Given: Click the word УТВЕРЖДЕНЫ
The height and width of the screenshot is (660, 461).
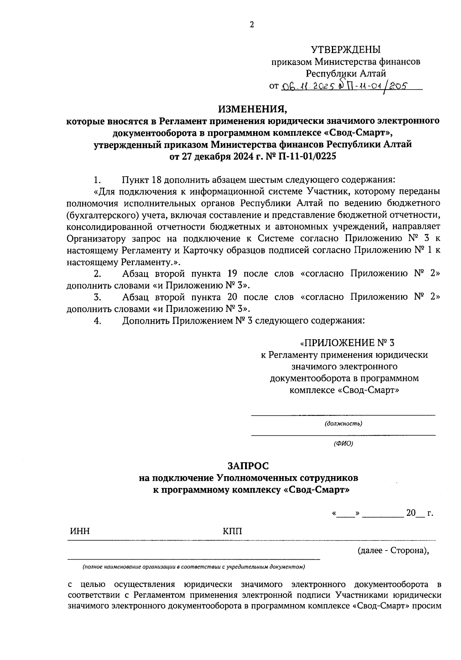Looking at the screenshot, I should pyautogui.click(x=345, y=50).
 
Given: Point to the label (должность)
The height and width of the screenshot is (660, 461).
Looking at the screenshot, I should pyautogui.click(x=343, y=424).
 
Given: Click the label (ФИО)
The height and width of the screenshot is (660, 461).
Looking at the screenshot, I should pyautogui.click(x=343, y=443).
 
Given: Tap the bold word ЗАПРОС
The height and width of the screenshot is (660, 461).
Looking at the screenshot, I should pyautogui.click(x=248, y=466).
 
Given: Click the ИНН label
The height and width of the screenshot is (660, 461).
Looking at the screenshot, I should pyautogui.click(x=80, y=531).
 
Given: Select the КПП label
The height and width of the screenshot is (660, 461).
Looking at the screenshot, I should pyautogui.click(x=232, y=531).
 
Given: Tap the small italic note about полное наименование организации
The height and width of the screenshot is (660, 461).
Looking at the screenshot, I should pyautogui.click(x=193, y=567).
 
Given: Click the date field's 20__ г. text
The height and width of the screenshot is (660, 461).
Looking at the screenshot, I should pyautogui.click(x=420, y=513).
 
